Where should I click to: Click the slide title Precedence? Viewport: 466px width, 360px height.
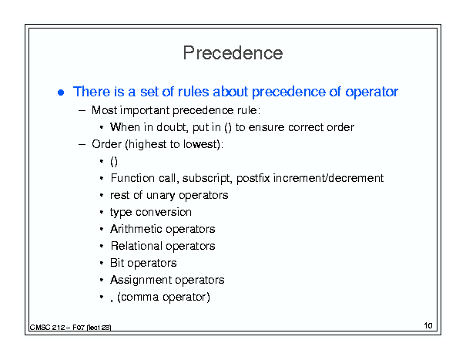coord(233,53)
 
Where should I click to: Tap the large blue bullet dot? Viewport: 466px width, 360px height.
coord(61,93)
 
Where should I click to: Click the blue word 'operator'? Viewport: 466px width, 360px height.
coord(371,92)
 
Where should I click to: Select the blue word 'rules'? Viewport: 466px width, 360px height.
coord(193,91)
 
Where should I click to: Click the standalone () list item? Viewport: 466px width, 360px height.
coord(114,162)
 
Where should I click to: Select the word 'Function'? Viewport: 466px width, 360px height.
coord(132,178)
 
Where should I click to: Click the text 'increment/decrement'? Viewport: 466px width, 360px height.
coord(328,178)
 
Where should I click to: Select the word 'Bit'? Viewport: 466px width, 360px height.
coord(117,263)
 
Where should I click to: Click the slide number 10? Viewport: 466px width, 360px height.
coord(428,325)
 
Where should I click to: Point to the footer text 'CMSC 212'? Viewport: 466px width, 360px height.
coord(47,328)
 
